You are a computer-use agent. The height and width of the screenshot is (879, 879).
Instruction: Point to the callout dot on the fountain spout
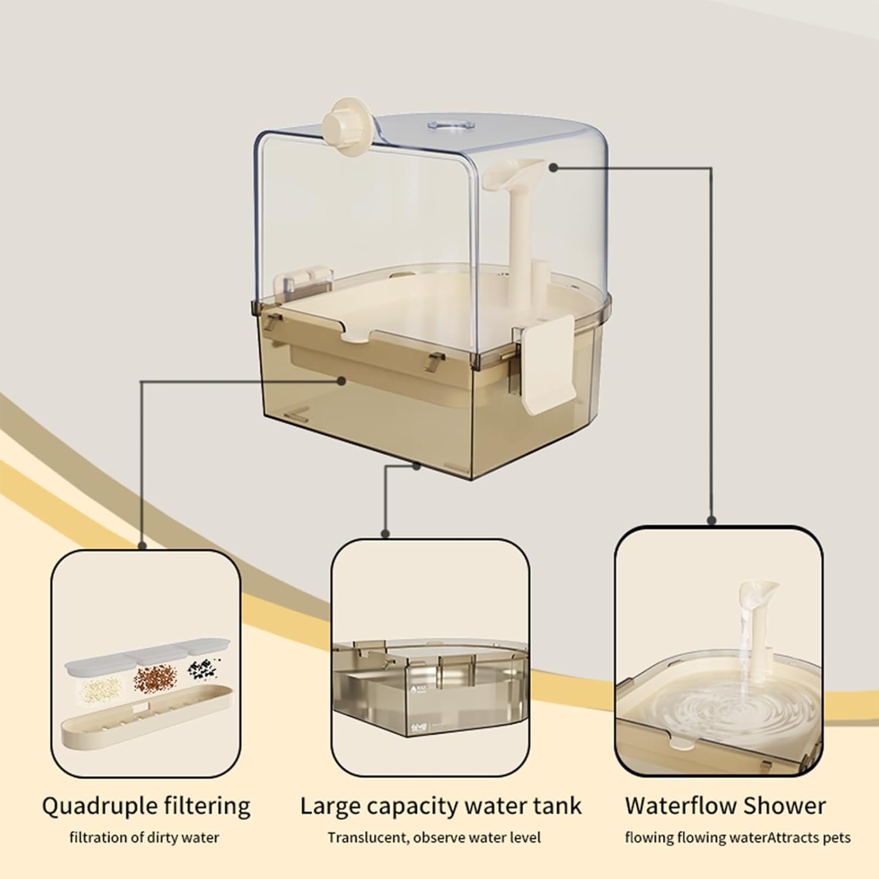click(553, 168)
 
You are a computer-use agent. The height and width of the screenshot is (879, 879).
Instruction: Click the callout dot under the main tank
click(417, 466)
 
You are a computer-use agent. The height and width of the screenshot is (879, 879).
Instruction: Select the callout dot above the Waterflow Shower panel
click(711, 520)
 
